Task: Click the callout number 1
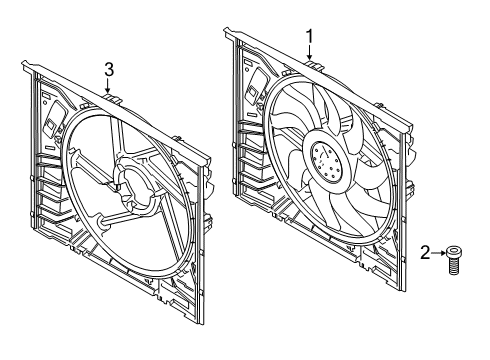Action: point(310,37)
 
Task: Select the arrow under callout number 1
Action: point(310,55)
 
